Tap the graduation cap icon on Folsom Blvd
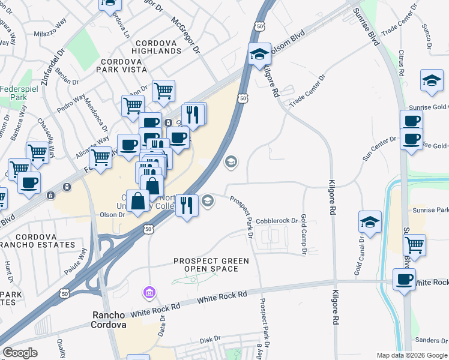(259, 54)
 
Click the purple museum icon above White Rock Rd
(149, 293)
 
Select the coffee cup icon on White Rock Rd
(404, 278)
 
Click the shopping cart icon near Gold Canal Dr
(415, 244)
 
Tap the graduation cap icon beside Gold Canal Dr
(370, 221)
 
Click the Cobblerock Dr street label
(277, 221)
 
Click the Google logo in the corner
(20, 353)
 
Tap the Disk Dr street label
(210, 340)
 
